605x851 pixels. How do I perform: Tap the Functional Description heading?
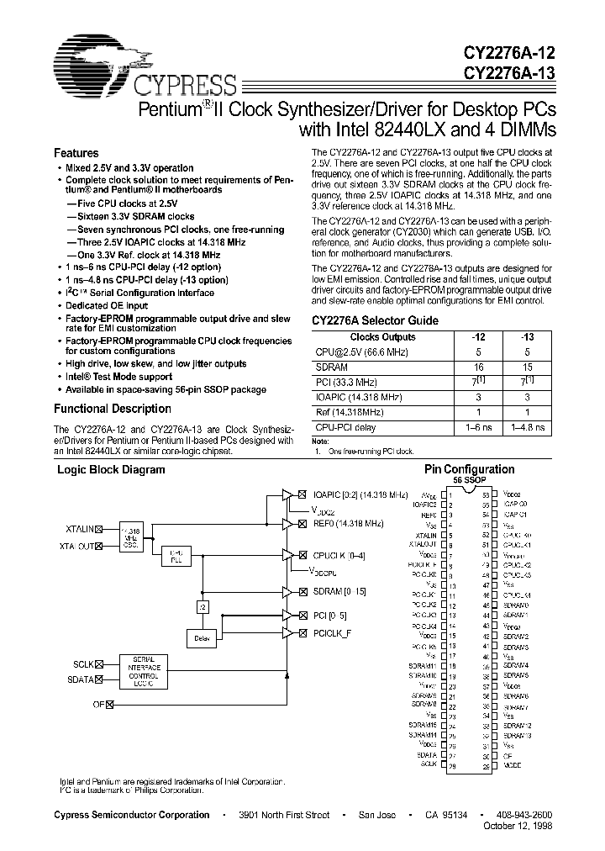point(113,409)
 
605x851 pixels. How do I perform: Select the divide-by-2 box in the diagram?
point(203,605)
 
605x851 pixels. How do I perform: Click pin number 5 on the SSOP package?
point(452,534)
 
